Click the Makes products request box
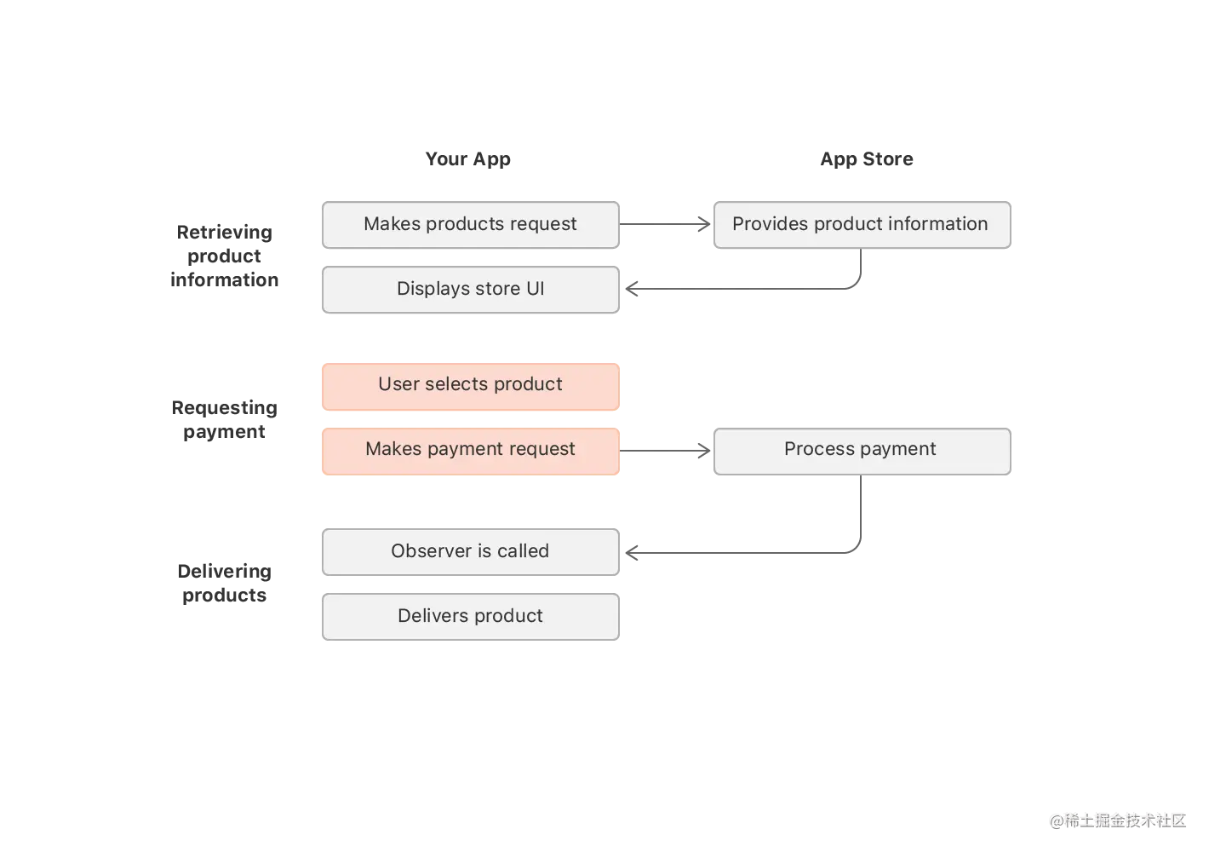tap(470, 224)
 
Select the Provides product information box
tap(861, 224)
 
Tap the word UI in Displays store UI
tap(535, 289)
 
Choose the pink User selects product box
tap(470, 385)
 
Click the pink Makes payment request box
tap(470, 450)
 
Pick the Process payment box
tap(861, 450)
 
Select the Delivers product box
tap(470, 616)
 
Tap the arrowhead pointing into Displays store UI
tap(632, 290)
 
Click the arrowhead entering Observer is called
tap(631, 553)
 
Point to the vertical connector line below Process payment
tap(862, 511)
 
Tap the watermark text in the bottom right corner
tap(1117, 820)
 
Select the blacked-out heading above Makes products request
tap(467, 159)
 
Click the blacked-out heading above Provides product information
tap(866, 159)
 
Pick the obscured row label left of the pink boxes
tap(225, 419)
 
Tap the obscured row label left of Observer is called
tap(225, 583)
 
